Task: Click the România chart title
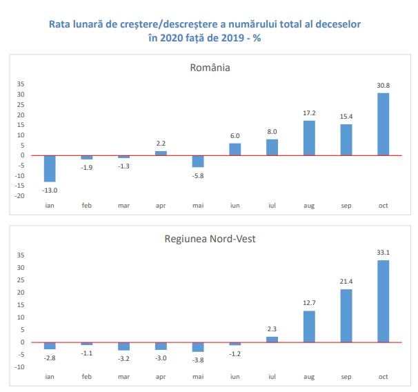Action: (210, 68)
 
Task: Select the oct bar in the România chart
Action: (384, 124)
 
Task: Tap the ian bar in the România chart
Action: (50, 168)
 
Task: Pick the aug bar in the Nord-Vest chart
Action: (309, 326)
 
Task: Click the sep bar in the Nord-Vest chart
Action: (346, 315)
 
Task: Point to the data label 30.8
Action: (384, 86)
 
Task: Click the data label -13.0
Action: (50, 190)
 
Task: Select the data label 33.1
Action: (384, 253)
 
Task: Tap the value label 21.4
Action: (346, 282)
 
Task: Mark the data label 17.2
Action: (309, 113)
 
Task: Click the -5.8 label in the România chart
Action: (198, 175)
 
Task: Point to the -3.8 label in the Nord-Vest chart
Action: (198, 360)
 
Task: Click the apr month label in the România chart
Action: (161, 206)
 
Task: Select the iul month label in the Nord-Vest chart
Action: (272, 377)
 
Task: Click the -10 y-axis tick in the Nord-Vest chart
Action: (20, 366)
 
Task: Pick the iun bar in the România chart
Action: (235, 149)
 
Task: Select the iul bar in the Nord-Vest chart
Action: (272, 339)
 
